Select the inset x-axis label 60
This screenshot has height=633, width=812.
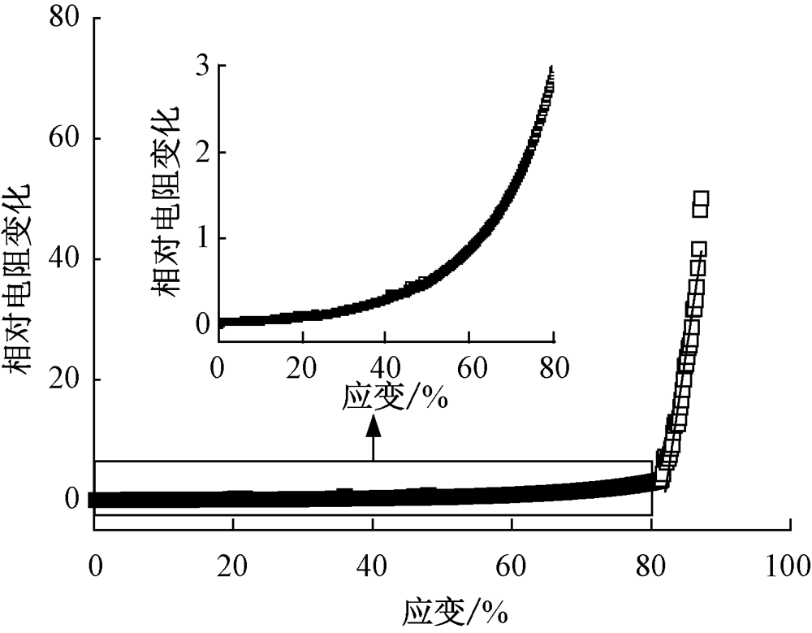pos(469,365)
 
